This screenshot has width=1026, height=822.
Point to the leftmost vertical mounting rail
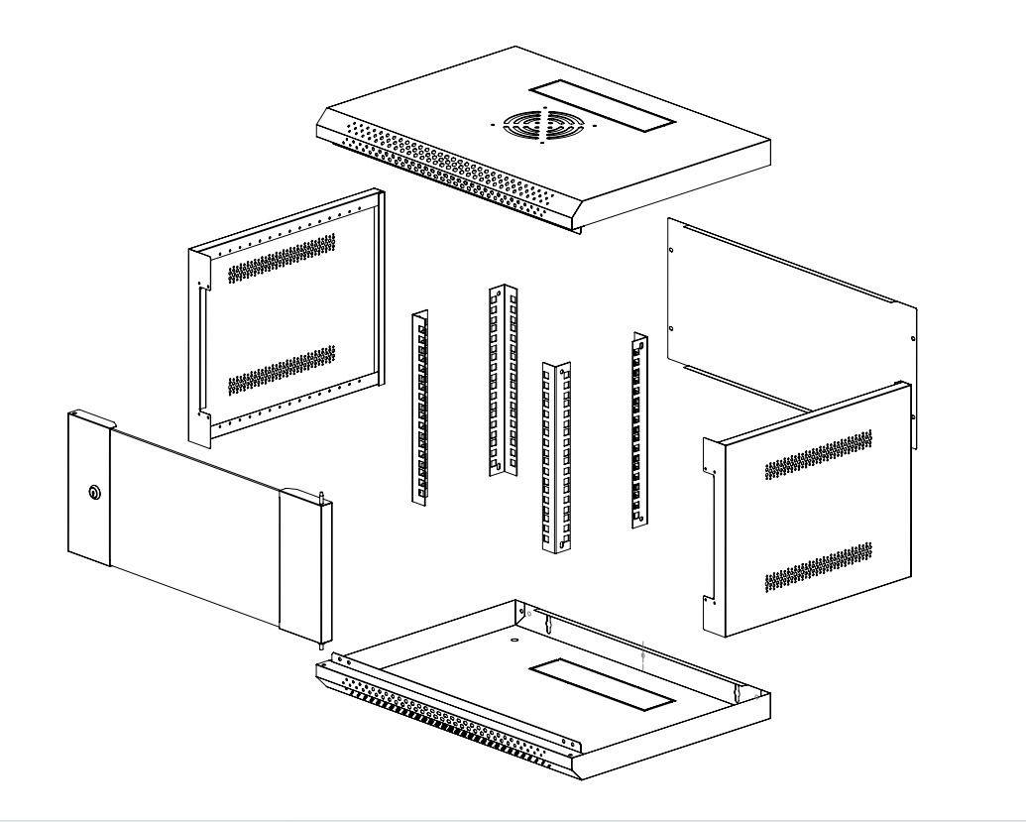(420, 406)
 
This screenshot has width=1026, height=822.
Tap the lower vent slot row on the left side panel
(282, 369)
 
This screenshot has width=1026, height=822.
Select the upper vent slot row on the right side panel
(819, 456)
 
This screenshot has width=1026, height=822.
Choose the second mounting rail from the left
(505, 381)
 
